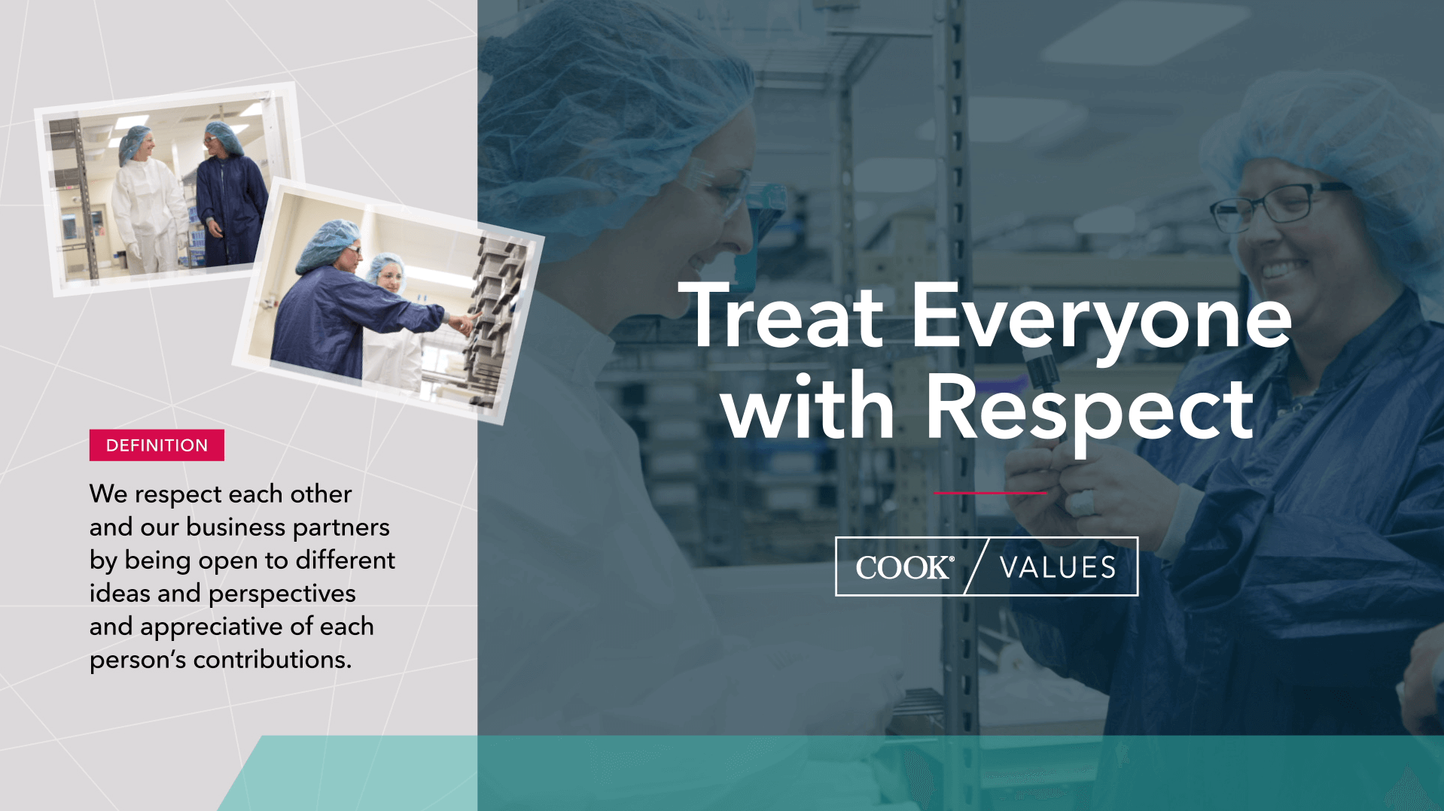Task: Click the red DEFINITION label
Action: tap(157, 445)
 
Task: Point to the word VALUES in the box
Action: tap(1058, 567)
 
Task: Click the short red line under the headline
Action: tap(990, 494)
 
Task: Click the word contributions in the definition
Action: tap(272, 660)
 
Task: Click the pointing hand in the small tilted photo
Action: tap(463, 323)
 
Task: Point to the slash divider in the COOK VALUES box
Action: tap(976, 566)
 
